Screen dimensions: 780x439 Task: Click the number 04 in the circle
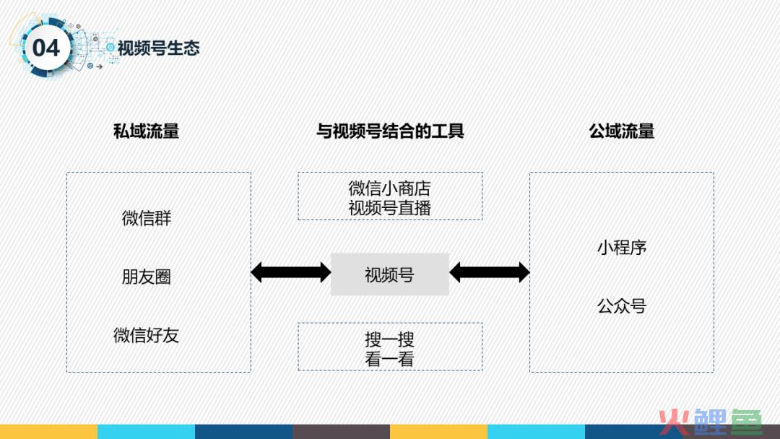(x=45, y=48)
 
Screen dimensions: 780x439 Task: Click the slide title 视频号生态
(x=158, y=48)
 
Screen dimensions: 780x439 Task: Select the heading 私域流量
(x=146, y=131)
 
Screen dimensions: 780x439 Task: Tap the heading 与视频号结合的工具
(x=390, y=131)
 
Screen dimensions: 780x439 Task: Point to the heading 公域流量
(x=621, y=131)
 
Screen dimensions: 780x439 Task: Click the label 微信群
(x=146, y=218)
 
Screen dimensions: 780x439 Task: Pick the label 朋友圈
(x=146, y=277)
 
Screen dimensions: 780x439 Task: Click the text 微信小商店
(x=389, y=188)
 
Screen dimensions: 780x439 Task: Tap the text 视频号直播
(x=389, y=208)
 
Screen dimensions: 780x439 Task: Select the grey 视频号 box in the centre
(x=390, y=274)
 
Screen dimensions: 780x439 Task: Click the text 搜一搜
(x=389, y=339)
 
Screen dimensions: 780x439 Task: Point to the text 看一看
(x=389, y=359)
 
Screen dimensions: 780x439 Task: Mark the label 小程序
(x=622, y=248)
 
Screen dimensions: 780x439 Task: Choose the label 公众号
(x=622, y=306)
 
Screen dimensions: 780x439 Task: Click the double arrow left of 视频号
(x=291, y=272)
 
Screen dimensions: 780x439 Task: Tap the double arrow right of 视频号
(x=490, y=272)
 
